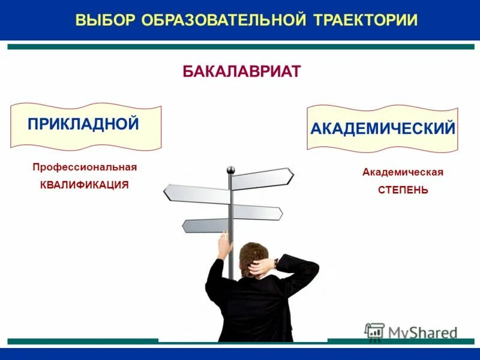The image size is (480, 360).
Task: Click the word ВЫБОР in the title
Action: [x=106, y=20]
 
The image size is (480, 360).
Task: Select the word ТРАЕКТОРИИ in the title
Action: [x=365, y=20]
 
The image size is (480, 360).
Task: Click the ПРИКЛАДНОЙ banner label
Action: [x=83, y=124]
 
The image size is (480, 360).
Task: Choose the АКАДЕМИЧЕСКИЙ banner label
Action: [x=383, y=128]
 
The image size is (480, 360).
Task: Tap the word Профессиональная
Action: [x=85, y=167]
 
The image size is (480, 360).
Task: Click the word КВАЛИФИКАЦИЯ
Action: [x=85, y=185]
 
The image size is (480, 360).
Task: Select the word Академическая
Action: [x=403, y=172]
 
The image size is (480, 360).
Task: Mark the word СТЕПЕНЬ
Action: [x=403, y=190]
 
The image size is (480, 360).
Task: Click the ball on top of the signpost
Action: [x=230, y=170]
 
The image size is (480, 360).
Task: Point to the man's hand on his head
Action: [x=259, y=267]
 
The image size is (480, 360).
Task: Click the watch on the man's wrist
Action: [x=275, y=262]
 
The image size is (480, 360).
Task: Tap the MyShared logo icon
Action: [x=374, y=331]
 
